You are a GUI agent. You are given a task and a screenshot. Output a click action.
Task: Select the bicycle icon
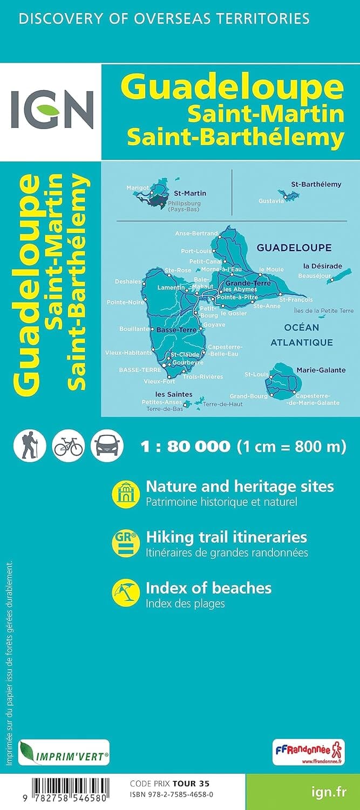[x=69, y=446]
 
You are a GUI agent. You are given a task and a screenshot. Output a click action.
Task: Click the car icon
[x=107, y=446]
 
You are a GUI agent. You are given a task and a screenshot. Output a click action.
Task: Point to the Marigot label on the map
[x=137, y=187]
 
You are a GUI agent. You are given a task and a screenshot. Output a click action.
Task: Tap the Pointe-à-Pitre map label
[x=237, y=297]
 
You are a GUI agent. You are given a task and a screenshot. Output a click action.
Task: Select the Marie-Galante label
[x=321, y=370]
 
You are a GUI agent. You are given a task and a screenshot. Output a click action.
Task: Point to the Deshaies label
[x=128, y=281]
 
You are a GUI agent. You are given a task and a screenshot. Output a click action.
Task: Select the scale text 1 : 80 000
[x=185, y=447]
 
